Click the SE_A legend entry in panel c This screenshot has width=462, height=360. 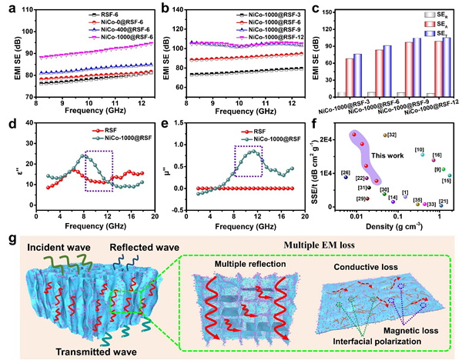pos(440,24)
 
